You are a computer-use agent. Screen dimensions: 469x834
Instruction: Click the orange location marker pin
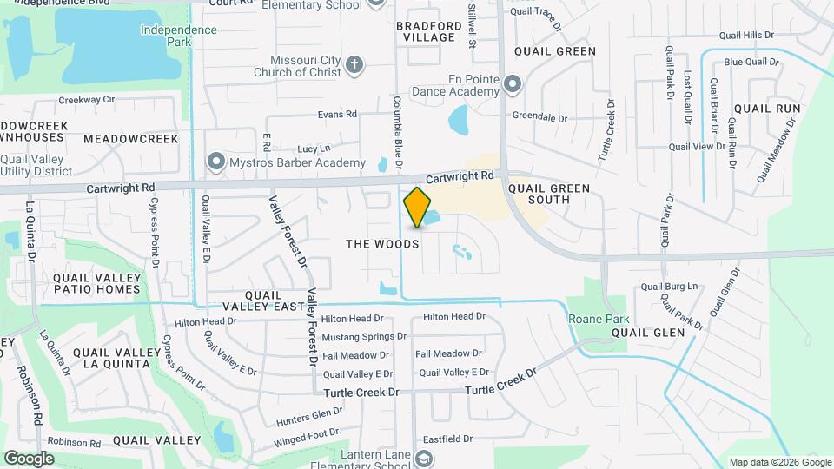pyautogui.click(x=417, y=208)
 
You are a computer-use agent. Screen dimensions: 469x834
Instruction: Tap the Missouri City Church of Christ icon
pyautogui.click(x=354, y=64)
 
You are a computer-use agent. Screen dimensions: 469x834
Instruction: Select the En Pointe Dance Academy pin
pyautogui.click(x=513, y=84)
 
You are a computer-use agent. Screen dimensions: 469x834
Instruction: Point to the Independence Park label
pyautogui.click(x=179, y=36)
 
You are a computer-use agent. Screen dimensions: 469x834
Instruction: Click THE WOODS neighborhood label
pyautogui.click(x=382, y=244)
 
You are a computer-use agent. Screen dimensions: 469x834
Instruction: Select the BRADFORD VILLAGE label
pyautogui.click(x=426, y=31)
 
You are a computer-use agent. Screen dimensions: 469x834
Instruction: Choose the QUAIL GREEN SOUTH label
pyautogui.click(x=549, y=194)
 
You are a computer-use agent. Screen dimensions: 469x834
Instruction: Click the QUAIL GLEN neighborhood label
pyautogui.click(x=648, y=332)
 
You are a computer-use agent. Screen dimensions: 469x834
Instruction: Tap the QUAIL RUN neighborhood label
pyautogui.click(x=766, y=109)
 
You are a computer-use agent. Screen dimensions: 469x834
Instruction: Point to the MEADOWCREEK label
pyautogui.click(x=131, y=139)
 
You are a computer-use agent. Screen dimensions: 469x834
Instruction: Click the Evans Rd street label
pyautogui.click(x=337, y=114)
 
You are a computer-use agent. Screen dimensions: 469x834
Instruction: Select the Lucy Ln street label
pyautogui.click(x=314, y=149)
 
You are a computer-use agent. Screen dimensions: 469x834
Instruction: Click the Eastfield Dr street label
pyautogui.click(x=444, y=439)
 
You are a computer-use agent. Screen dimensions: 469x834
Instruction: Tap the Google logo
pyautogui.click(x=30, y=458)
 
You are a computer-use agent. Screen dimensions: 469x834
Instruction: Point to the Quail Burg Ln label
pyautogui.click(x=669, y=286)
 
